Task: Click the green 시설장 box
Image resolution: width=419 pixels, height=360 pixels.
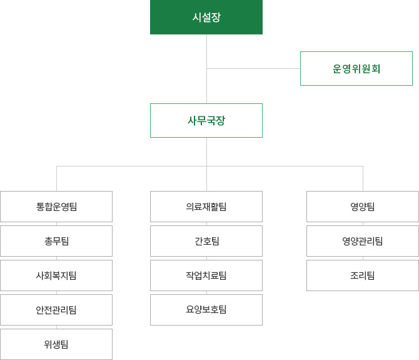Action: [206, 17]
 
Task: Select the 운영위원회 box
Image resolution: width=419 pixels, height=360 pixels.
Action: [356, 68]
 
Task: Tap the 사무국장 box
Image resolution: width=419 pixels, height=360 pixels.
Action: [206, 120]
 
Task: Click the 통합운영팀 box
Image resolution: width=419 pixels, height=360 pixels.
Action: [56, 207]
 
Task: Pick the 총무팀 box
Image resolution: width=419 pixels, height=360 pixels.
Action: [56, 241]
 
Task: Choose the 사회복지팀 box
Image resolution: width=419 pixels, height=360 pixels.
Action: [56, 275]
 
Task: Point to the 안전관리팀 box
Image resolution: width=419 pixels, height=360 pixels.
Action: [56, 310]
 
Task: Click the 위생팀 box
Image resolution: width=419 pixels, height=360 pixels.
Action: [56, 344]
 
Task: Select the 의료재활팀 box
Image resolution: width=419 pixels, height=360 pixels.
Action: [206, 207]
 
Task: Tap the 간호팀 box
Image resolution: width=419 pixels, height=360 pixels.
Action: [206, 241]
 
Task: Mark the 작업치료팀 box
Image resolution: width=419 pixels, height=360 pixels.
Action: [206, 275]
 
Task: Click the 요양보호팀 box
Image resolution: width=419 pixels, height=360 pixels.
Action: [206, 310]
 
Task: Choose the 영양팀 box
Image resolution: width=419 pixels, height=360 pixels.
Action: [363, 207]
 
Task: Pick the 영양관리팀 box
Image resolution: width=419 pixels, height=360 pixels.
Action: [363, 241]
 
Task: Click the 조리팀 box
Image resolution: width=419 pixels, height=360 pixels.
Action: [363, 275]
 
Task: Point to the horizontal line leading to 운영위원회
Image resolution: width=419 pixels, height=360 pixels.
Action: [254, 68]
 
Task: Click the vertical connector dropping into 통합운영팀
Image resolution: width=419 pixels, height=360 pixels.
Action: [57, 178]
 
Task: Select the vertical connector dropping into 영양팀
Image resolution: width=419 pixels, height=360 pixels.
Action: [363, 178]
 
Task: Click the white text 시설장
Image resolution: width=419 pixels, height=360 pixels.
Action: [206, 18]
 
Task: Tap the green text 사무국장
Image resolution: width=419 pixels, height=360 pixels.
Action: [206, 121]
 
